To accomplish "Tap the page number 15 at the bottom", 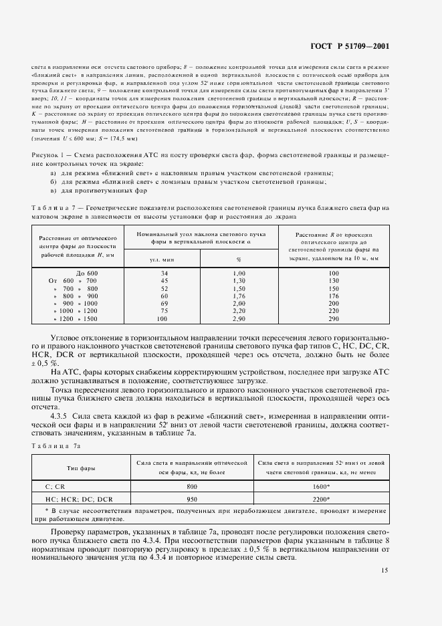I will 384,570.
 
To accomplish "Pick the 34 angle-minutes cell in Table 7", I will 164,274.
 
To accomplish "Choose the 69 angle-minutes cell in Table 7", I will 164,303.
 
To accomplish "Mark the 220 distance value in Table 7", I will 334,310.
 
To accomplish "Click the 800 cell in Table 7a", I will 192,488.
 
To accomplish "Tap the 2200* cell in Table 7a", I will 320,499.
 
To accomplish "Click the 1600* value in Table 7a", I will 320,488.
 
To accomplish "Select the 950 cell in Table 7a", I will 192,499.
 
